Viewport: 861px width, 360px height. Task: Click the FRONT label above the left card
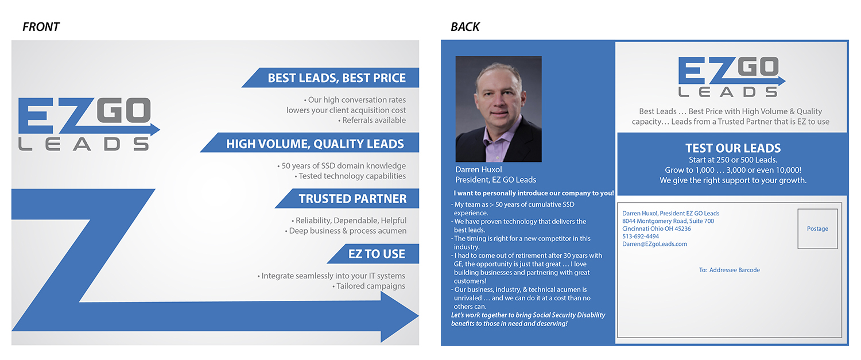coord(41,27)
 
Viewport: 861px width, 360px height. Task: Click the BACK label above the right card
coord(465,27)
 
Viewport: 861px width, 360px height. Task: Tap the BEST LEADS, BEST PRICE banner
coord(336,78)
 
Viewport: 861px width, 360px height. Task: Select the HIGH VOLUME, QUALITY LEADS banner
coord(315,144)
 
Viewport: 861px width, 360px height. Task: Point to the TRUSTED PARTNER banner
coord(352,199)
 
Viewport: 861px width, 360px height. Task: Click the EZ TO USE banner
coord(376,254)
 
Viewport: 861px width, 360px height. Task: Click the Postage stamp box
coord(817,229)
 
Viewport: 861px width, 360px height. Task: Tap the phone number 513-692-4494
coord(641,236)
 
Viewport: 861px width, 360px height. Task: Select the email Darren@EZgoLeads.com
coord(654,244)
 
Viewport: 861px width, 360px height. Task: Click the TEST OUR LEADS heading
coord(733,148)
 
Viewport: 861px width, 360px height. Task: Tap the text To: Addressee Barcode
coord(729,270)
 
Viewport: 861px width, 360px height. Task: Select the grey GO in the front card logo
coord(123,111)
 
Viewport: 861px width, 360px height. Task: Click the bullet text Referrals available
coord(374,120)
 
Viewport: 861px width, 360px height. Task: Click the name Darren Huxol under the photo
coord(479,169)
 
